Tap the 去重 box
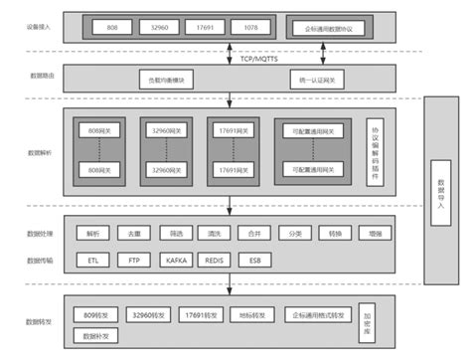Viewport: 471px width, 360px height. (134, 235)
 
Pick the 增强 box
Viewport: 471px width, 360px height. (375, 235)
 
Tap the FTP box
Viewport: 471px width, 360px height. (134, 260)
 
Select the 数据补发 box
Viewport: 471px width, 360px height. (97, 335)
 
